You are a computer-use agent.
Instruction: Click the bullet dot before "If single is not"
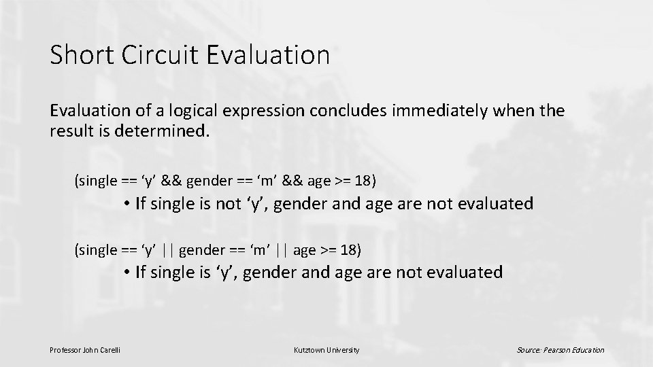(127, 204)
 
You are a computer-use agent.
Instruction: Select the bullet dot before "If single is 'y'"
(127, 273)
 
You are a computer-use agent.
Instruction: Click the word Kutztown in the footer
(309, 350)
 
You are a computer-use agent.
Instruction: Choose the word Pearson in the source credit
(556, 350)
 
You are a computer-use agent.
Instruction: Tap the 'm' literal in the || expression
(258, 250)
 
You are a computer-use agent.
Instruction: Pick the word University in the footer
(344, 350)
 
